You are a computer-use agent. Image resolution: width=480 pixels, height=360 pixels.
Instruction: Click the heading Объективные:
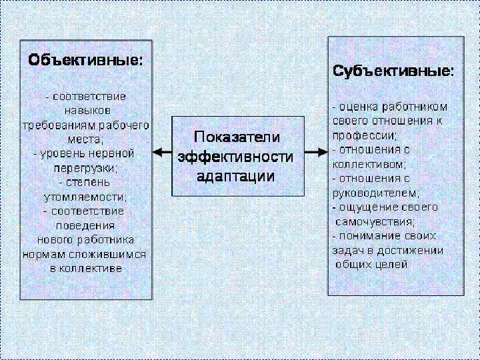coord(85,60)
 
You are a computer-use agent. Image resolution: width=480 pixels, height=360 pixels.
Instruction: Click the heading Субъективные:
coord(393,71)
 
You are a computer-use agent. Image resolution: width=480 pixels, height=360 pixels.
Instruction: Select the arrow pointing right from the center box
coord(315,153)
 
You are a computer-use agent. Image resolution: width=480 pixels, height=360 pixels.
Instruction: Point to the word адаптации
coord(235,176)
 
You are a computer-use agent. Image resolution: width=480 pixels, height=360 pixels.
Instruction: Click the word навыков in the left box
coord(87,110)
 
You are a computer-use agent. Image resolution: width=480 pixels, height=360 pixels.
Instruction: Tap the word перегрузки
coord(85,168)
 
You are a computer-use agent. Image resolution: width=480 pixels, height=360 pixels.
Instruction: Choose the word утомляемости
coord(85,197)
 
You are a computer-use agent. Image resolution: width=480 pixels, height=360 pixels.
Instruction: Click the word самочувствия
coord(375,221)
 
